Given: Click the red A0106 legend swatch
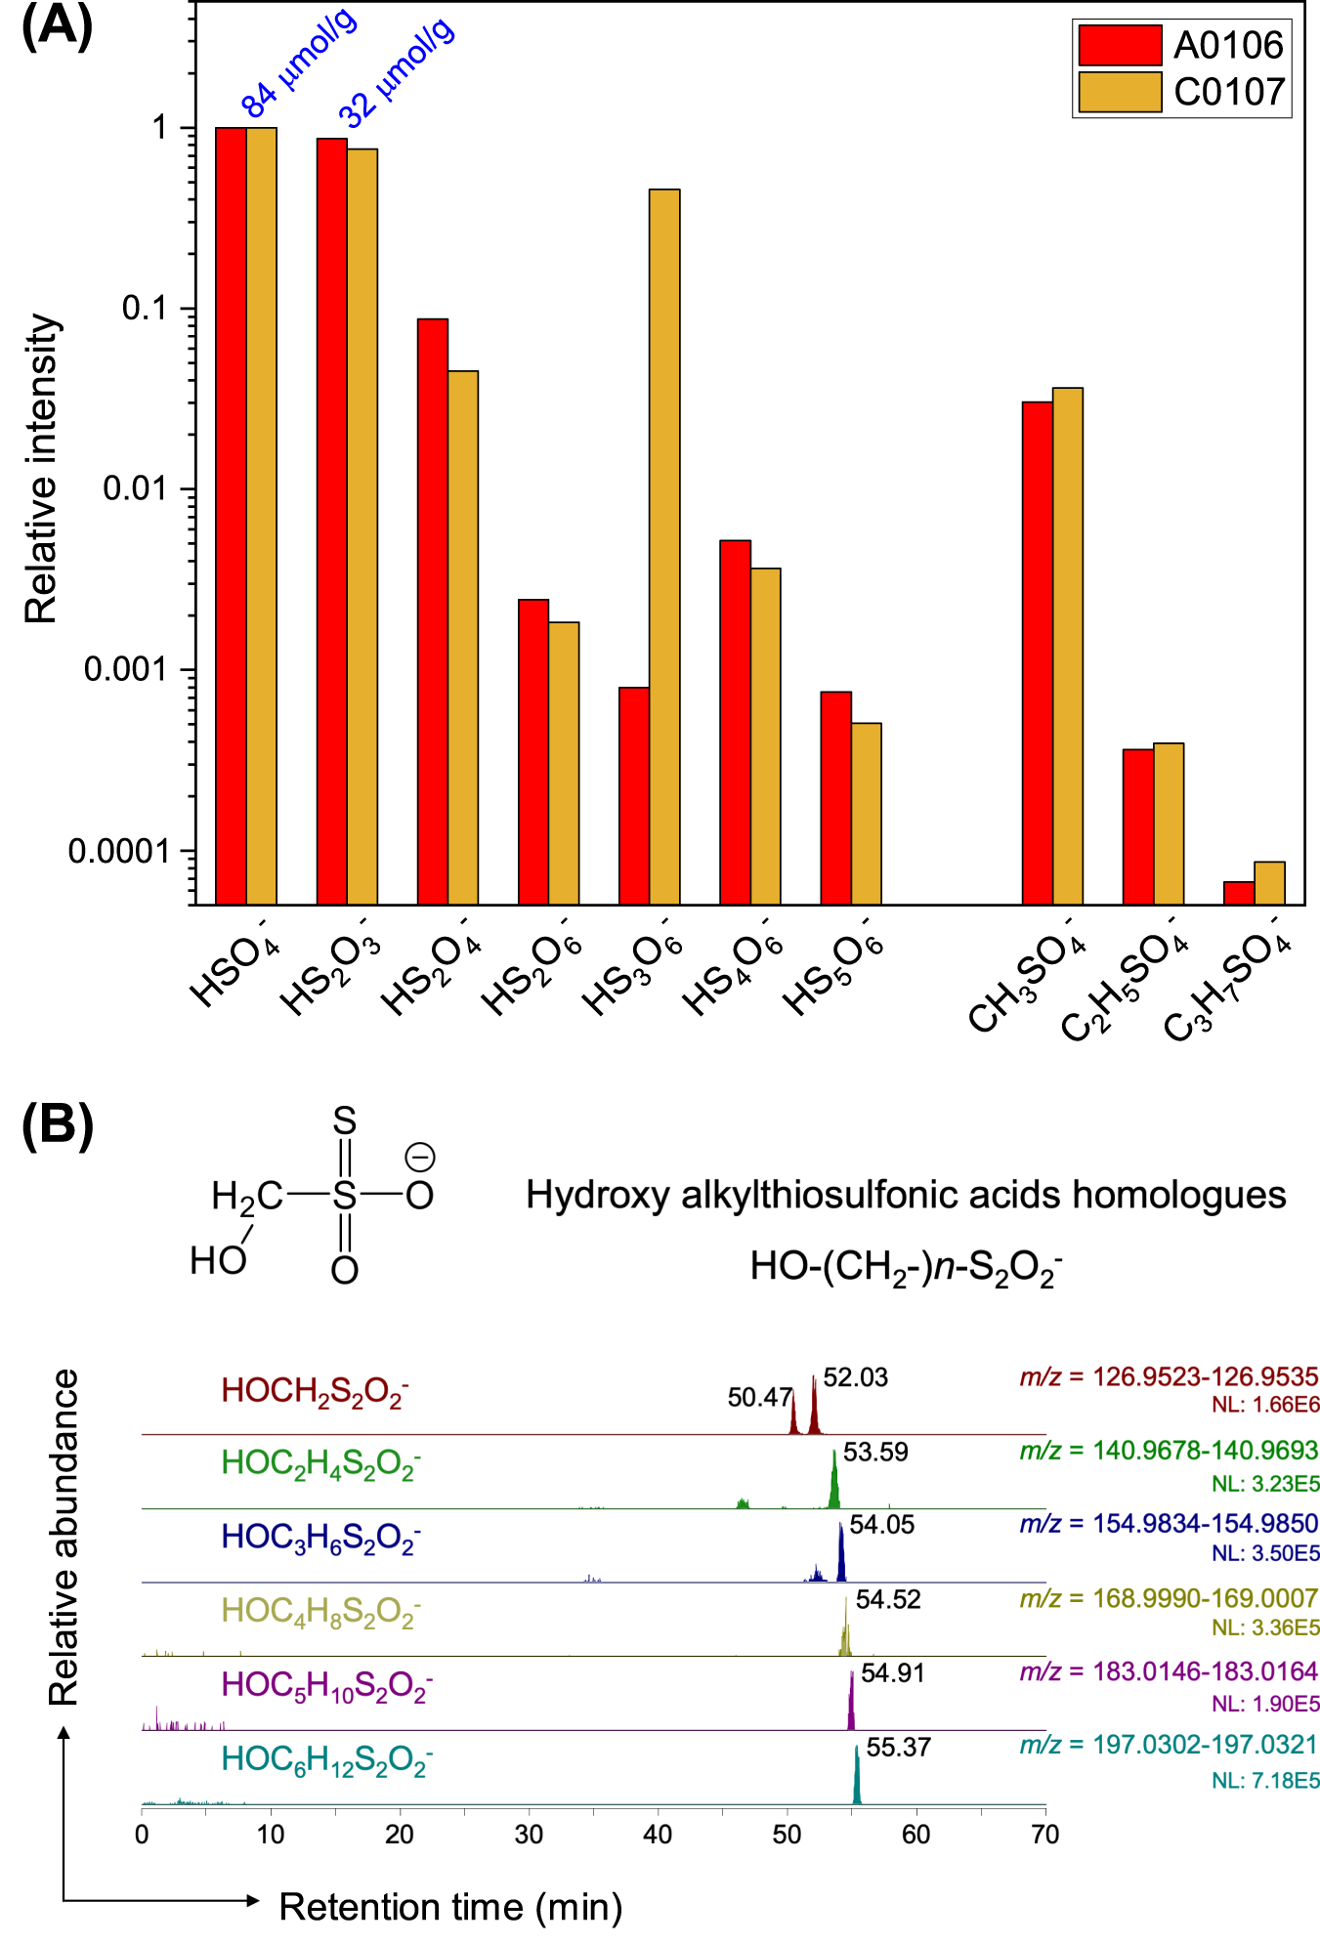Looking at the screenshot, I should click(x=1120, y=46).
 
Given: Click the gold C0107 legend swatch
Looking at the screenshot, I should click(x=1120, y=92).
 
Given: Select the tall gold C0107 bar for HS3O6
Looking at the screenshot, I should click(x=664, y=546).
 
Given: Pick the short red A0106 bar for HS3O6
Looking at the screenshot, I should click(x=633, y=795).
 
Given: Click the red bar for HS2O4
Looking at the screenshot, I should click(x=432, y=611).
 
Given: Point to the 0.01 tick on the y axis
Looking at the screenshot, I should click(x=189, y=488).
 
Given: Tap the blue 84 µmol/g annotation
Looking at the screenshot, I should click(x=299, y=64).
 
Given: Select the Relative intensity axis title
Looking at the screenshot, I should click(x=42, y=469).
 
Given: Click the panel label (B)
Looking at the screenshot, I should click(x=58, y=1125).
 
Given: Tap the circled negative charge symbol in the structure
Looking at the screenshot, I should click(x=420, y=1157).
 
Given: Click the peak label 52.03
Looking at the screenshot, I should click(x=855, y=1377).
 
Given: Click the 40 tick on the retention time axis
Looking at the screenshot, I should click(x=658, y=1834).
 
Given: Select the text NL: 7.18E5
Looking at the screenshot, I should click(x=1265, y=1780).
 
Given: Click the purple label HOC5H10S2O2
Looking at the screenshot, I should click(x=326, y=1685).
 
